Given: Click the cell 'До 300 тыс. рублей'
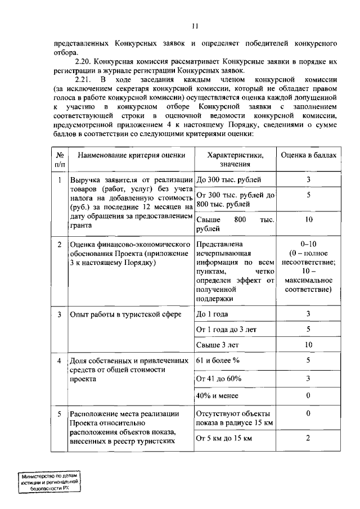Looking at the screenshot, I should coord(228,180).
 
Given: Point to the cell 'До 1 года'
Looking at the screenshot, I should coord(212,314).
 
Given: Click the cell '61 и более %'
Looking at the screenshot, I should coord(216,360).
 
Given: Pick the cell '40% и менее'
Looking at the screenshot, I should coord(217,396).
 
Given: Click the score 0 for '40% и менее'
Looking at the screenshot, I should coord(308,396).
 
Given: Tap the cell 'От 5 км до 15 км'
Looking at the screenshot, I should coord(223,438).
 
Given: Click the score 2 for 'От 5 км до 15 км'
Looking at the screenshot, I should coord(308,438).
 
